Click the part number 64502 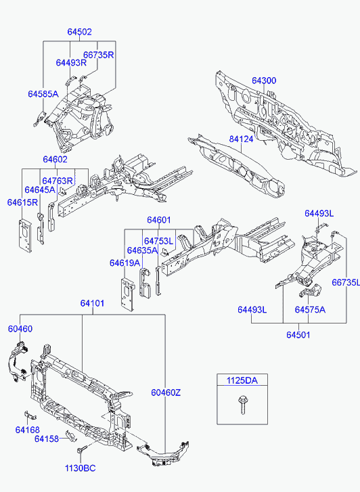tap(79, 32)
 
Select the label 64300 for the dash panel tap(264, 81)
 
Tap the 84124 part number tap(241, 139)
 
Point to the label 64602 tap(55, 160)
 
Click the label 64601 tap(159, 220)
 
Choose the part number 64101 tap(92, 303)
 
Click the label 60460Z tap(166, 393)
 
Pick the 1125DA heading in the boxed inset tap(242, 380)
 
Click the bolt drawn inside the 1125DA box tap(242, 405)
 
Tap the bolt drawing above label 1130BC tap(81, 453)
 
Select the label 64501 tap(298, 335)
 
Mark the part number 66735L tap(346, 282)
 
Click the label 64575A tap(310, 310)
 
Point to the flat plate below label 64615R tap(25, 236)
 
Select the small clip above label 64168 tap(30, 415)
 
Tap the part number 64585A tap(43, 94)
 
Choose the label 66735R tap(99, 55)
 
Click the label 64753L tap(158, 241)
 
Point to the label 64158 tap(47, 439)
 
